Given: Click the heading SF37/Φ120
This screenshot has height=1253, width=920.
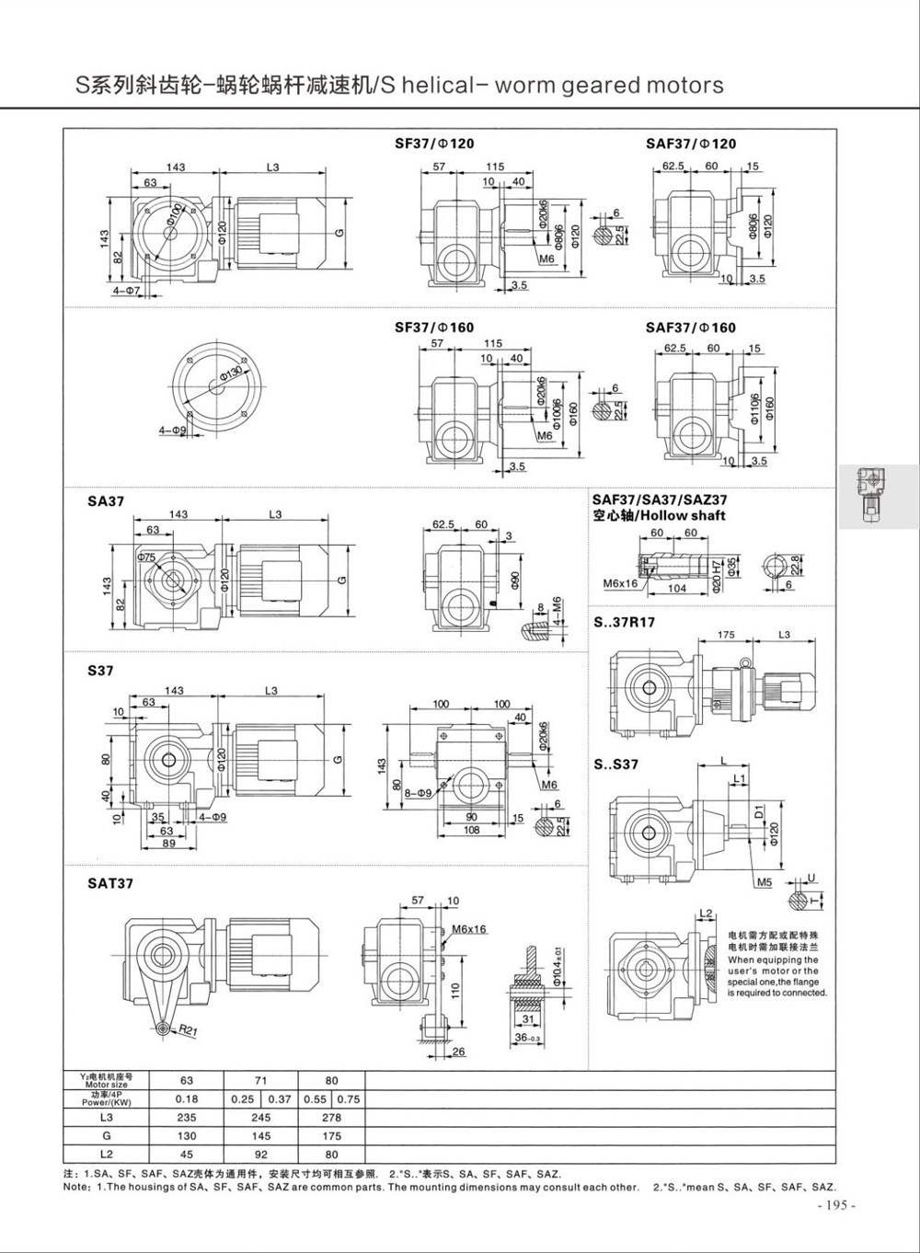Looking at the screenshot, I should pos(434,144).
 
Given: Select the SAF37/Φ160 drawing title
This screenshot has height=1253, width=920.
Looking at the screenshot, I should pos(690,328).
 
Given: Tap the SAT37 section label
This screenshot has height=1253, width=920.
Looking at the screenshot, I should pos(110,883).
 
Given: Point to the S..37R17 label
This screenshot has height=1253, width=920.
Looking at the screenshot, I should pos(625,622).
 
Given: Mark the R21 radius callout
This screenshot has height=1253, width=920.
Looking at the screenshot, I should pos(188,1030).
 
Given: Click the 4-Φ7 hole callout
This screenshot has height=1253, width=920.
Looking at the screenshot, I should pos(125,291).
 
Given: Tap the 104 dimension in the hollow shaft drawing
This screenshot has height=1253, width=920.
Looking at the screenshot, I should pos(677,589).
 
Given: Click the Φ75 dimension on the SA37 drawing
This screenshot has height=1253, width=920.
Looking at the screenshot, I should pos(146,558).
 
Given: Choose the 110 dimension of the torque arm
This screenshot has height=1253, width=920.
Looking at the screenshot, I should pos(454,989).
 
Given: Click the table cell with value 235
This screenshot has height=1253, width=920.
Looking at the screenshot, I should pos(187,1118).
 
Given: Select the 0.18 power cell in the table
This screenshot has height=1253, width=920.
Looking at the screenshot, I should pos(187,1098).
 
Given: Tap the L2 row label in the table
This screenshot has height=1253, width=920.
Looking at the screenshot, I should pos(107,1154).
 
